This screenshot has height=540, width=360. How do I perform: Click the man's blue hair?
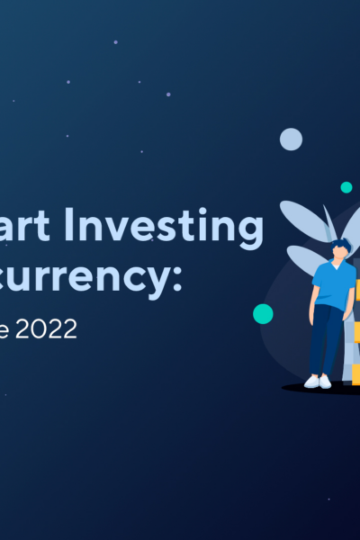coord(339,244)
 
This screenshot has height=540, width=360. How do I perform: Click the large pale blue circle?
coord(291,139)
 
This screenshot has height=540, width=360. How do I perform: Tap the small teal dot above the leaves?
coord(346,187)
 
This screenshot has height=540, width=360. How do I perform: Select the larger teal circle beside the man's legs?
coord(263,313)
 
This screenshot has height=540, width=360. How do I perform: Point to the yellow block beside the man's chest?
coord(356,290)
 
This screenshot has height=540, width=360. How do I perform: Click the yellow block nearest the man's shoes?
coord(356,373)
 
